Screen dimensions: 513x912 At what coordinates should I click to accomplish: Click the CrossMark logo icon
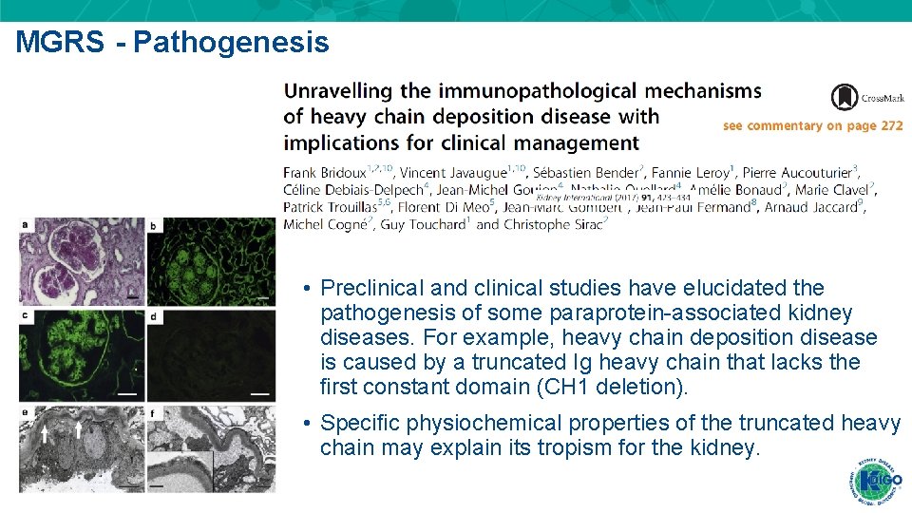click(x=845, y=97)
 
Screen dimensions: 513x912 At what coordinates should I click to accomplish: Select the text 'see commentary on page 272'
click(x=812, y=125)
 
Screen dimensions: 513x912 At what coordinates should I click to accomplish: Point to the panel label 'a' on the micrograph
click(x=25, y=224)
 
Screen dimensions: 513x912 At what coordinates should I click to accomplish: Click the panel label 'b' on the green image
click(x=154, y=225)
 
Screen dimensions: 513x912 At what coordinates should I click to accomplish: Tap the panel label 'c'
click(x=25, y=315)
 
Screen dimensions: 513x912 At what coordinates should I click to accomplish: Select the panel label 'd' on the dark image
click(x=154, y=315)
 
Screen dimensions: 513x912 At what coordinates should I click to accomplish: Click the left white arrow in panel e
click(x=44, y=434)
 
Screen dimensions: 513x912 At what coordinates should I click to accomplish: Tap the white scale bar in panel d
click(x=259, y=392)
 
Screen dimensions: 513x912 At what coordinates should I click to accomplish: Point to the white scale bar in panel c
click(x=127, y=392)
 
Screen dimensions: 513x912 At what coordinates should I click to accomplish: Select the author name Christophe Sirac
click(x=555, y=224)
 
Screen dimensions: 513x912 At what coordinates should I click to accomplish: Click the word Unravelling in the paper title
click(x=338, y=91)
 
